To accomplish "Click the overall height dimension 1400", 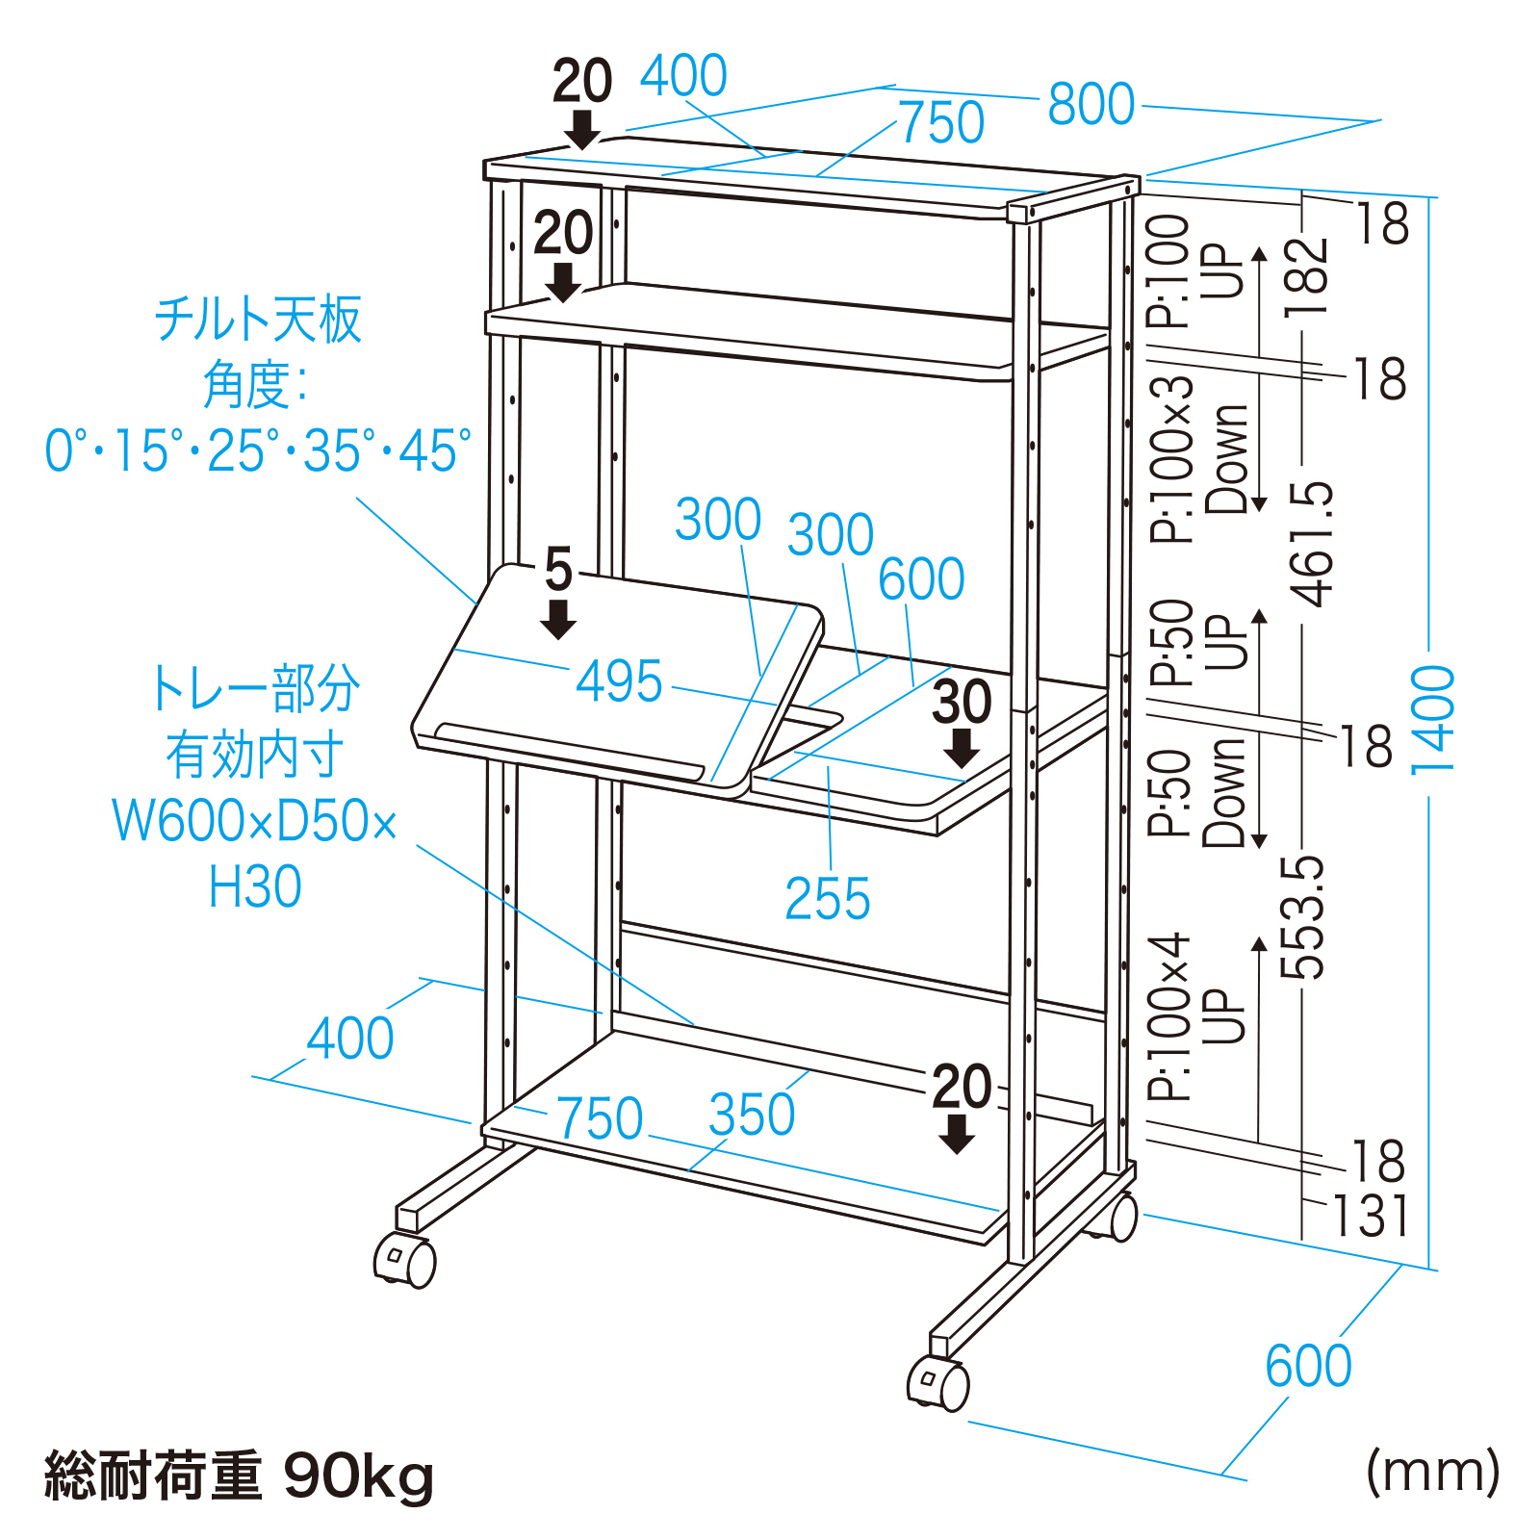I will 1432,719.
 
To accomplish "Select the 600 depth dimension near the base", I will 1308,1366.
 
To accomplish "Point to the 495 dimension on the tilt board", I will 619,681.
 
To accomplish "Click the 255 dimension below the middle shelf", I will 827,899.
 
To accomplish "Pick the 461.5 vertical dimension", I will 1313,544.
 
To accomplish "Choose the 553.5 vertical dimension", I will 1303,917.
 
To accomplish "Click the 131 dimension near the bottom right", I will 1371,1217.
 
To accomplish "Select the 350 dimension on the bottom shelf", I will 752,1116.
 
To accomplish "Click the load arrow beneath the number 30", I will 961,748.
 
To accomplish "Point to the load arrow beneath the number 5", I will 558,619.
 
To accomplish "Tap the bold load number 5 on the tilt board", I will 558,569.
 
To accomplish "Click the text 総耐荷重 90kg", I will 239,1476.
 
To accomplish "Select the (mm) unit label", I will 1433,1472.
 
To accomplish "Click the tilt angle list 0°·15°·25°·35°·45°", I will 258,450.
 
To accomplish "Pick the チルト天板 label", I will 258,320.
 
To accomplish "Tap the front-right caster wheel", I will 938,1384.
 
